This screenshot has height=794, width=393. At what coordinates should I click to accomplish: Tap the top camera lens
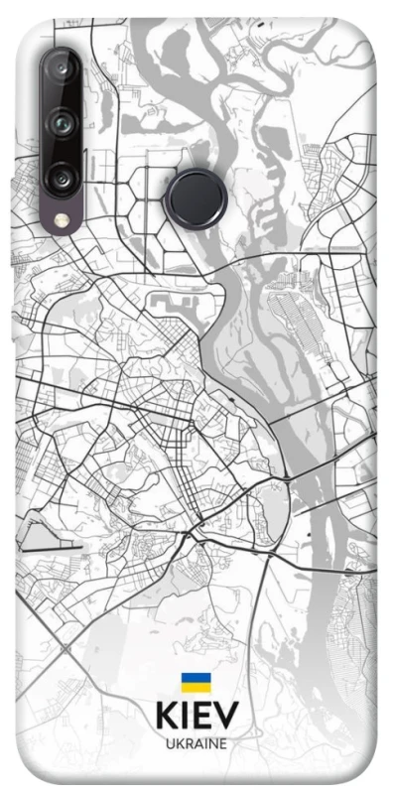click(62, 70)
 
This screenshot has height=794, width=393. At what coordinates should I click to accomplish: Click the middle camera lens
click(62, 124)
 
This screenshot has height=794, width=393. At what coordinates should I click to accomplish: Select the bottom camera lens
click(62, 179)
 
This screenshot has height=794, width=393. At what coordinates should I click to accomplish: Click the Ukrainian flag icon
click(196, 683)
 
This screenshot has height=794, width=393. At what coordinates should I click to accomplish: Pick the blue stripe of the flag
click(196, 678)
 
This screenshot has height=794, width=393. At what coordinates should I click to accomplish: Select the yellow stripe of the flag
click(196, 688)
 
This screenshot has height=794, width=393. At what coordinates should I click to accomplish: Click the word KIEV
click(196, 717)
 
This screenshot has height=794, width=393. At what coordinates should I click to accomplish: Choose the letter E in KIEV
click(202, 717)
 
